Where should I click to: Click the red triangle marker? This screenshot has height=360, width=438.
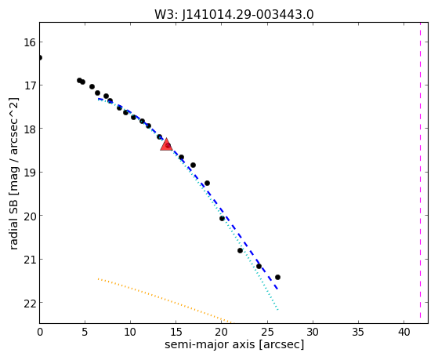coord(166,144)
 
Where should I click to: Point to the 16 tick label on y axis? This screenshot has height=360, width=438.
coord(30,42)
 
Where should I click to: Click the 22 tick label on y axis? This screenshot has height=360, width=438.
coord(30,303)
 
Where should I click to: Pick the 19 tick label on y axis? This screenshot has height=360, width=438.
coord(30,173)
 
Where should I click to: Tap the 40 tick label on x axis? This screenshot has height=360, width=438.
coord(404,332)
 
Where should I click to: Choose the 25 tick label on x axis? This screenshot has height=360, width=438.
coord(267,332)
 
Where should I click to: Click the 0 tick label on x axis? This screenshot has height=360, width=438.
coord(40,332)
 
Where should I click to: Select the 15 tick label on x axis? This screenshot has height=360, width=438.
coord(176,332)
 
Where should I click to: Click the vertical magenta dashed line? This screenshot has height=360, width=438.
coord(420,173)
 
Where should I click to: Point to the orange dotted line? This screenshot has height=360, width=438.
coord(165,300)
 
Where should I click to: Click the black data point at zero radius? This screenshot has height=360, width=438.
coord(40,57)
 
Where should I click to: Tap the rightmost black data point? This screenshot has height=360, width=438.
coord(277,277)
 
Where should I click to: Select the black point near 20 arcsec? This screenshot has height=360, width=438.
coord(222,218)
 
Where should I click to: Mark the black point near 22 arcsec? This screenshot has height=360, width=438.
coord(241,250)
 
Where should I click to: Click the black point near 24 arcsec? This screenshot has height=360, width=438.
coord(259,266)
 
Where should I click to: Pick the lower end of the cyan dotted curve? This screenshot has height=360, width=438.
coord(278,310)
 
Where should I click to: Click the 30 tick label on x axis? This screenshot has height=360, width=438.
coord(313,332)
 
